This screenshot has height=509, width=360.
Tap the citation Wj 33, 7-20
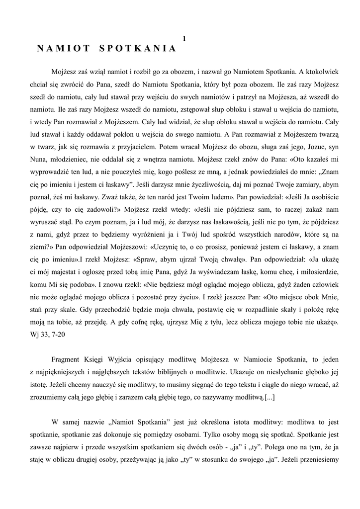tap(47, 335)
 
